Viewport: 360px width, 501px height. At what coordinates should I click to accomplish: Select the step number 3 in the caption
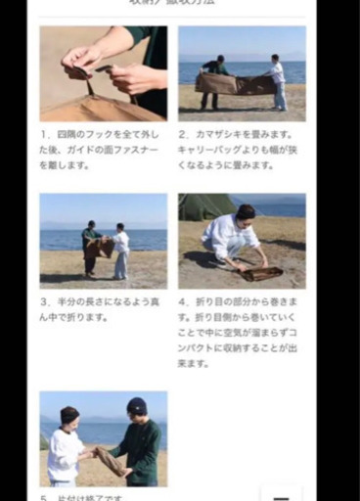click(x=45, y=302)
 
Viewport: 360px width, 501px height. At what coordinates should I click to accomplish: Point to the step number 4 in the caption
click(x=183, y=302)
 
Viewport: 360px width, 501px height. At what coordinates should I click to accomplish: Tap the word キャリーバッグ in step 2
click(x=211, y=150)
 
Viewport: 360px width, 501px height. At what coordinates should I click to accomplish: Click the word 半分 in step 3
click(x=68, y=302)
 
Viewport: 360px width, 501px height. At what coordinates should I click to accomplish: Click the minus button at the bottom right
click(x=281, y=494)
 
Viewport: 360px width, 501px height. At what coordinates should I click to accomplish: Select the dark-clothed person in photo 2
click(x=212, y=80)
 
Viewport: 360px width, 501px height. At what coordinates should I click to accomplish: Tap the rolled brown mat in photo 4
click(x=261, y=273)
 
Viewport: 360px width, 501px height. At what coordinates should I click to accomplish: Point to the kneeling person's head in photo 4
click(x=245, y=212)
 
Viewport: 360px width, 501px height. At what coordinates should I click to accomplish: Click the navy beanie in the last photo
click(x=137, y=405)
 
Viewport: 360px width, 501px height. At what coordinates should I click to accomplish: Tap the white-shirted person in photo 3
click(x=120, y=250)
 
